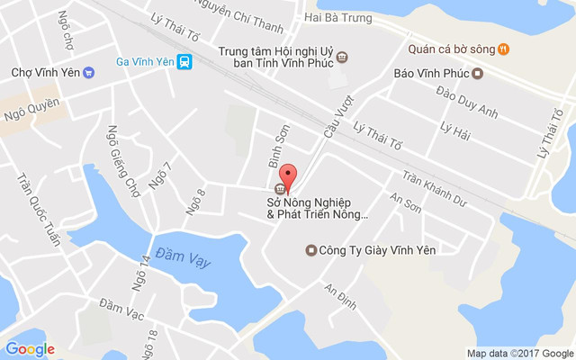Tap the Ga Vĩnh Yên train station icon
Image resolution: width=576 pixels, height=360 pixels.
click(x=184, y=61)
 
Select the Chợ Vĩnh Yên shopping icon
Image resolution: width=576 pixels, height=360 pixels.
click(x=88, y=73)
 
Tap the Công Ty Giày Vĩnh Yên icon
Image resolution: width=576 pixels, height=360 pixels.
click(x=311, y=250)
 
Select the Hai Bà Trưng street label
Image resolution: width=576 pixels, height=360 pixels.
click(x=337, y=16)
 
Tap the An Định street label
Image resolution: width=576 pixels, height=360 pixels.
click(x=341, y=298)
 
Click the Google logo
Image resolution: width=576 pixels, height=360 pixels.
click(x=30, y=349)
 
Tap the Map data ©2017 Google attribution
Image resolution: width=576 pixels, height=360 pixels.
click(x=519, y=353)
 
